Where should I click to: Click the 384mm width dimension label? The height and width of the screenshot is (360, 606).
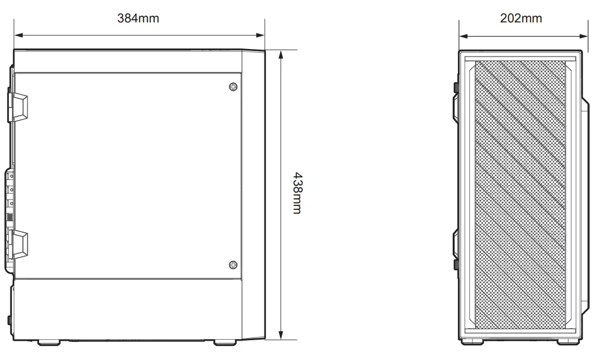[138, 18]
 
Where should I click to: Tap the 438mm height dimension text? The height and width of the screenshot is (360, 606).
[296, 193]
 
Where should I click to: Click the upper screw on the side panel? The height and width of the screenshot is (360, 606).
[233, 86]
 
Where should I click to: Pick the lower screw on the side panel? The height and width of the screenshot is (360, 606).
[233, 265]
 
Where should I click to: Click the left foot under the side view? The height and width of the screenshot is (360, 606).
[49, 343]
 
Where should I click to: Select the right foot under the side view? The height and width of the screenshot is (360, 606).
[225, 343]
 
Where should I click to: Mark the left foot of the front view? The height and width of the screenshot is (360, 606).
[472, 342]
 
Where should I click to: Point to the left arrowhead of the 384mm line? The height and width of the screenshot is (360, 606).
[18, 35]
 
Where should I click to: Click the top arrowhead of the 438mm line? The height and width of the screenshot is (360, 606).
[281, 54]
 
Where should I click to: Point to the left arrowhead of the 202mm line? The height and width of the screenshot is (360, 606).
[463, 37]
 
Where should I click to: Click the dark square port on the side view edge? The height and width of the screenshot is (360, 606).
[9, 218]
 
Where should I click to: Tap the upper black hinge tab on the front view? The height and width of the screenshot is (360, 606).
[456, 87]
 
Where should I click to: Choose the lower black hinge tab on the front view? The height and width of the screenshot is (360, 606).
[456, 263]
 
